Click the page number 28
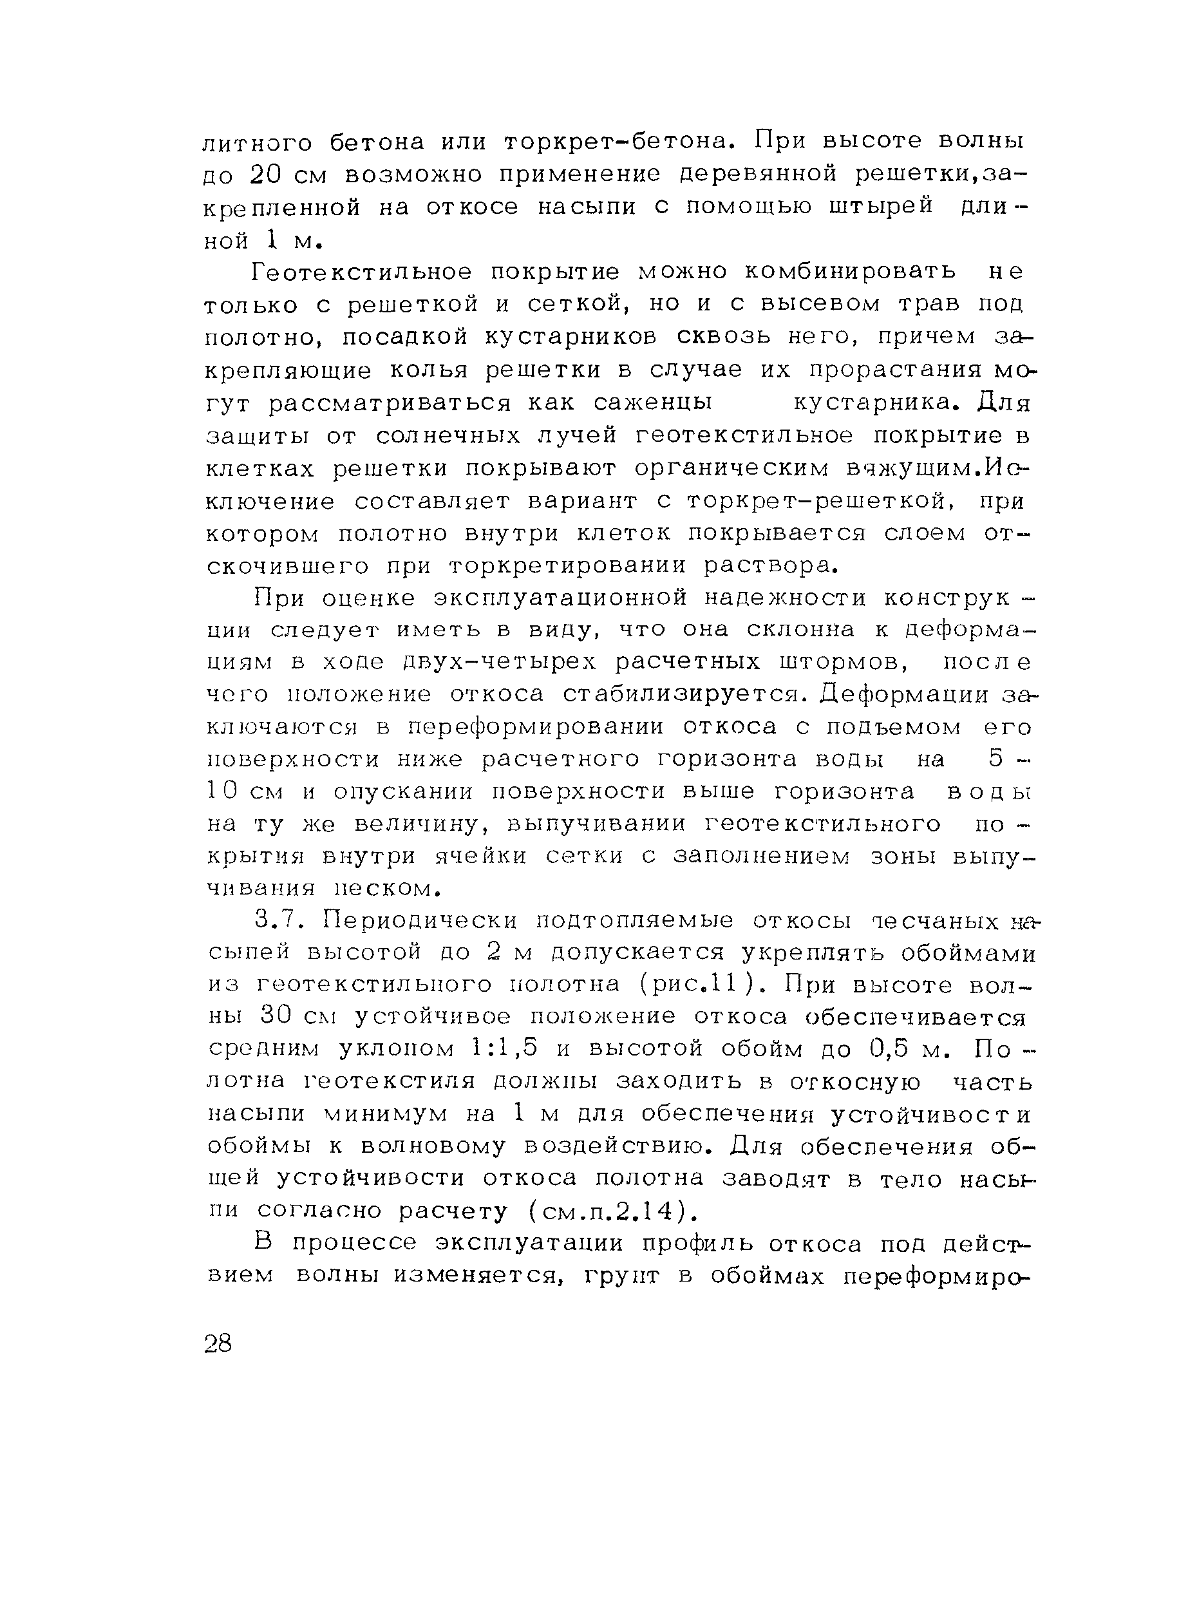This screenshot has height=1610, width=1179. point(218,1344)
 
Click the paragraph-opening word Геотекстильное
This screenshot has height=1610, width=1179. point(362,272)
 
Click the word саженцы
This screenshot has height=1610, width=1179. point(653,403)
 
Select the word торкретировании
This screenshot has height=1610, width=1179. point(568,566)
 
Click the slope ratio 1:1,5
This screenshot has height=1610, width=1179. point(507,1050)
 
